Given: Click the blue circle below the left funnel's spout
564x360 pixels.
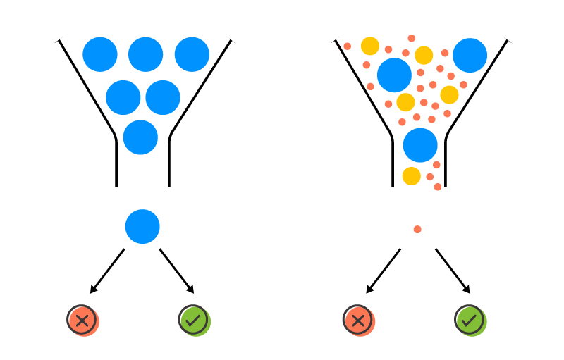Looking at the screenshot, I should [x=142, y=227].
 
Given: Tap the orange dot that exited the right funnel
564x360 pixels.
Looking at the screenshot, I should [x=417, y=230].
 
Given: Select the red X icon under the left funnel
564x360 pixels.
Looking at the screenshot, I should [x=82, y=320].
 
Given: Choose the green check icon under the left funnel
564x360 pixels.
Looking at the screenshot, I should [x=193, y=320].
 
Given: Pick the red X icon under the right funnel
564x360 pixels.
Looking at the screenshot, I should [x=358, y=320].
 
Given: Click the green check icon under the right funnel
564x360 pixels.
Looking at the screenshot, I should [x=470, y=320].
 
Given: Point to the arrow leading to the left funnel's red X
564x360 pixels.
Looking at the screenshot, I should [x=107, y=271].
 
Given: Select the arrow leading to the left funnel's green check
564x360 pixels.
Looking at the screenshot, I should [x=176, y=271].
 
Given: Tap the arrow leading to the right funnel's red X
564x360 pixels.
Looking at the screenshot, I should [x=383, y=271].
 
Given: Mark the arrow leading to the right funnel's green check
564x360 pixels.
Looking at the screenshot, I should [x=453, y=271].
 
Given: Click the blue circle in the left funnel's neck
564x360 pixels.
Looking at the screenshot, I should [x=140, y=137].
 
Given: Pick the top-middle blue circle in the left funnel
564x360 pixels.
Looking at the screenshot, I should [x=146, y=54].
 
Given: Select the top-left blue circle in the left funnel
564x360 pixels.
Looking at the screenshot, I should [x=100, y=54].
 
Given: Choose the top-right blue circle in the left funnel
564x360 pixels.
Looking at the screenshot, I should [x=192, y=54].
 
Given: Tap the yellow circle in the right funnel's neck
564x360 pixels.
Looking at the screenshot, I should [x=412, y=176].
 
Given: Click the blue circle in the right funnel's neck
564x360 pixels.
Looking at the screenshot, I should [x=420, y=145].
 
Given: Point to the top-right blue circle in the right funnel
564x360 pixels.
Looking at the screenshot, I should [x=470, y=56].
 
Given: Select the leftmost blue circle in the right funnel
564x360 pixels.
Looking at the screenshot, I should [x=395, y=75].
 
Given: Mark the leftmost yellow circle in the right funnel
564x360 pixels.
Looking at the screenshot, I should [x=370, y=46].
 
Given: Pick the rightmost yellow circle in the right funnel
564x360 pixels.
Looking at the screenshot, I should [x=449, y=94].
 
